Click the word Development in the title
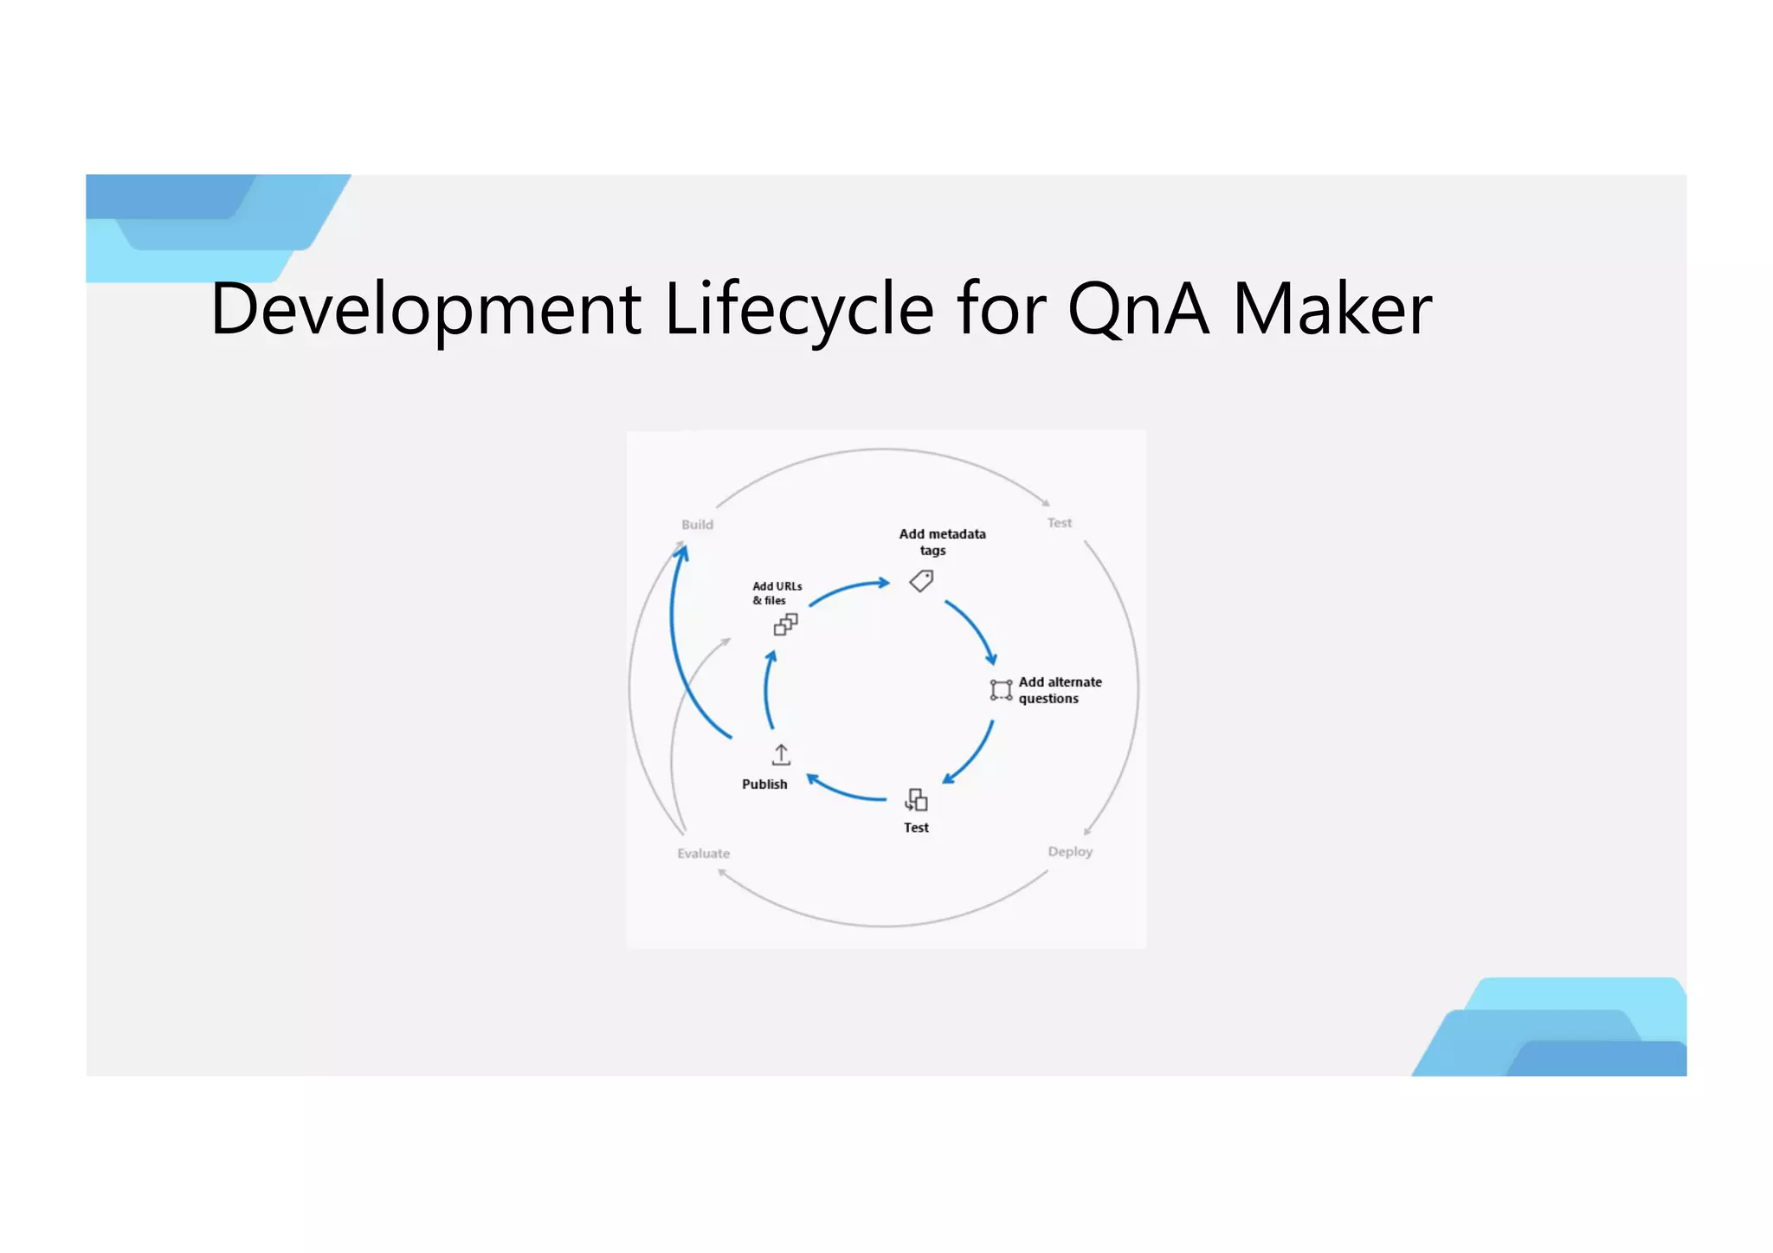tap(425, 309)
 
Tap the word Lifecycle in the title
tap(798, 309)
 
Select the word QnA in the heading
tap(1137, 309)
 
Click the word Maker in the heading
tap(1331, 309)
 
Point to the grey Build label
tap(697, 525)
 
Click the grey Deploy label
tap(1070, 852)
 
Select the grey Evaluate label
tap(703, 854)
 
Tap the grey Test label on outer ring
tap(1059, 523)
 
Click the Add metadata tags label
tap(941, 542)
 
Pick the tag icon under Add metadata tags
tap(922, 580)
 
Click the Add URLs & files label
tap(776, 593)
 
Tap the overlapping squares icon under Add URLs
tap(785, 624)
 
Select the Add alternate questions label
tap(1060, 690)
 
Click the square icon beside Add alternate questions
tap(1001, 690)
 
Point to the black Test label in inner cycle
tap(916, 828)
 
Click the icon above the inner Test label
tap(916, 799)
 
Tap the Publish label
tap(764, 785)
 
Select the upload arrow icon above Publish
tap(781, 755)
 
